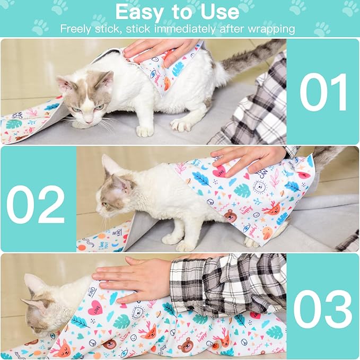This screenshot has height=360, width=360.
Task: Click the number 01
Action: [323, 92]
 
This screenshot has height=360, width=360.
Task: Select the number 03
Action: [322, 310]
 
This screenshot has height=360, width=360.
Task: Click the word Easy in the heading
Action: [142, 12]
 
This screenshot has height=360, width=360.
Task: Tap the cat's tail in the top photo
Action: [249, 58]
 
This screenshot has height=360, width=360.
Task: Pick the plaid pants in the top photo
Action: [254, 114]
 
